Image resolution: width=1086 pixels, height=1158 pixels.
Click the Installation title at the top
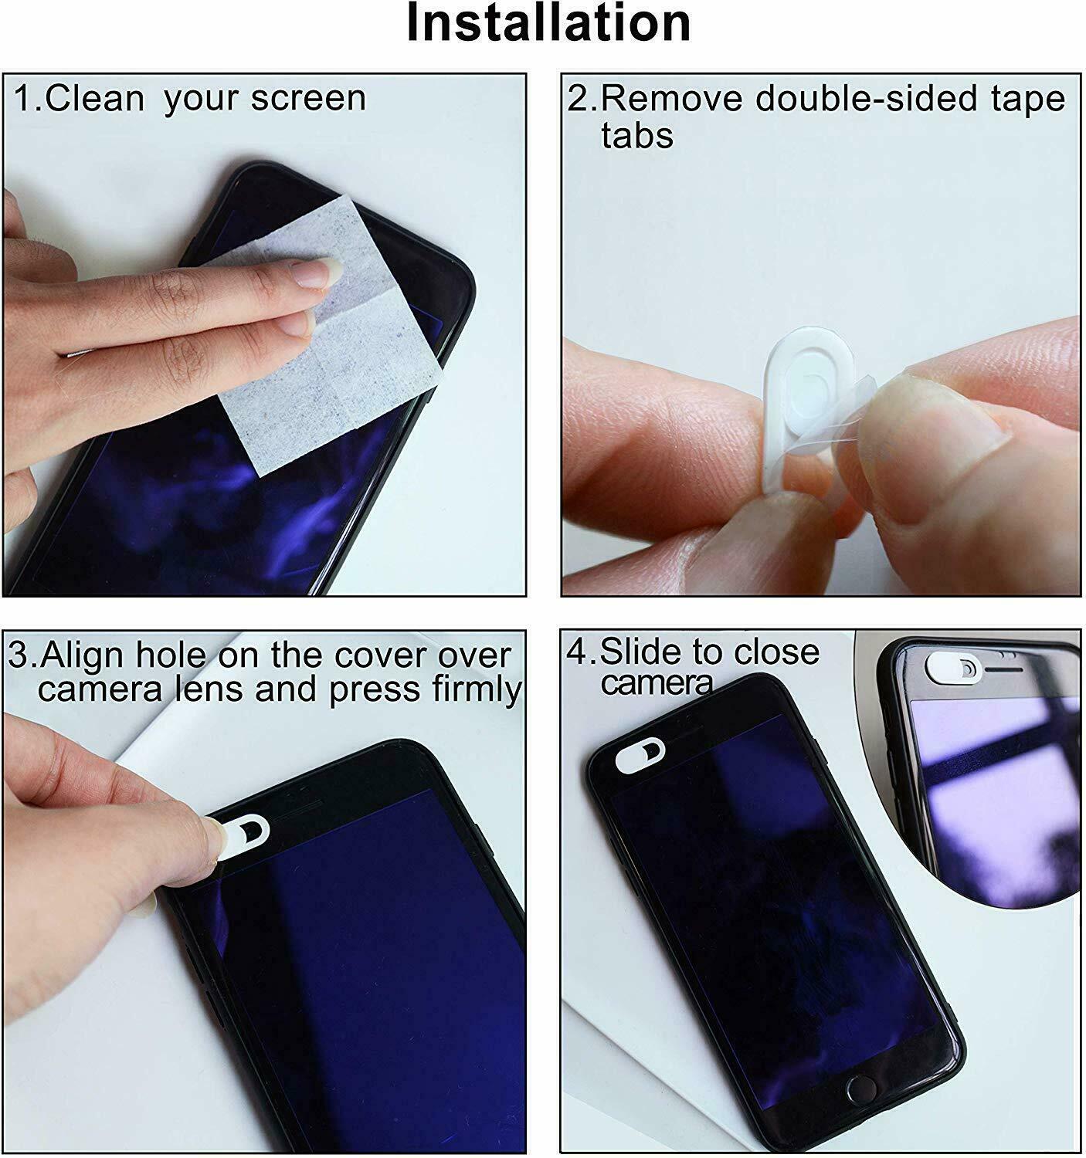(x=548, y=23)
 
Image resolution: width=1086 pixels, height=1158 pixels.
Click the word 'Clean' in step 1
(x=95, y=99)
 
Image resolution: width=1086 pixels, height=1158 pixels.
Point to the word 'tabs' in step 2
(x=636, y=136)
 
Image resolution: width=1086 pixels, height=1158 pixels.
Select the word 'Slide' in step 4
(x=640, y=652)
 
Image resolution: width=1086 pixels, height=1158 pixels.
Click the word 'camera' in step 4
(x=656, y=682)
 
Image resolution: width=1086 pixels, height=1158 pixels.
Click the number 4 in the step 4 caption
(x=576, y=652)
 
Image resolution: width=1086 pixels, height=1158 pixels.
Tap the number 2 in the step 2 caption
(x=575, y=100)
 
